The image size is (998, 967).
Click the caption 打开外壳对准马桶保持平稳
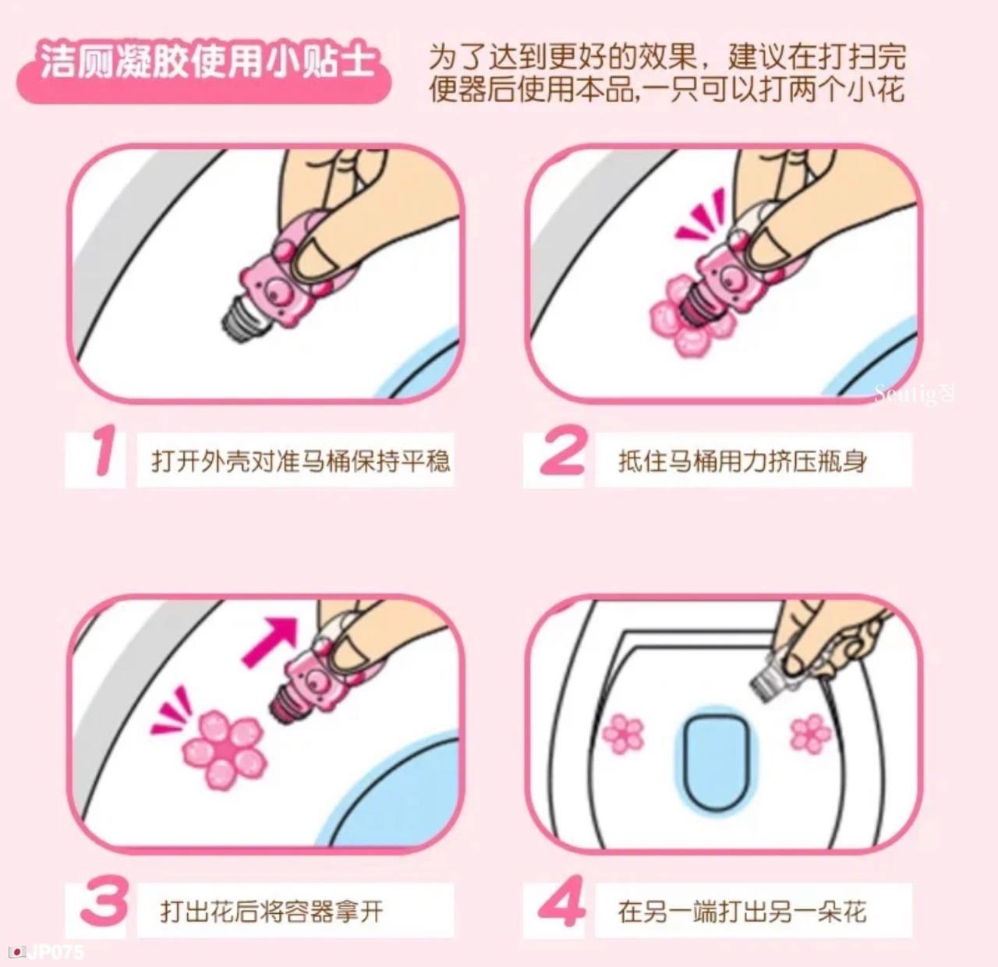pyautogui.click(x=300, y=460)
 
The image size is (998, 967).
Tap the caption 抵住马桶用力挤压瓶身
pyautogui.click(x=743, y=460)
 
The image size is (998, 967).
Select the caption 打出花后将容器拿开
pyautogui.click(x=272, y=912)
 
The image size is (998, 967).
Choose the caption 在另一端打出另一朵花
pyautogui.click(x=742, y=912)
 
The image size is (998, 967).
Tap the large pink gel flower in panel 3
pyautogui.click(x=225, y=750)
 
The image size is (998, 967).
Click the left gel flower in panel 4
pyautogui.click(x=622, y=734)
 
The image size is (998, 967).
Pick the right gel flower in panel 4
pyautogui.click(x=810, y=734)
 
